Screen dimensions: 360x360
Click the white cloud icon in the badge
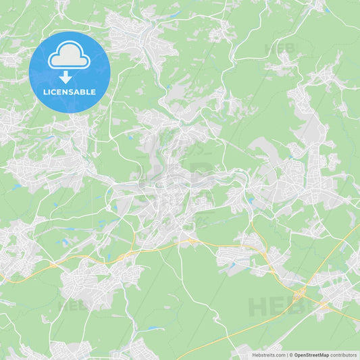pos(70,56)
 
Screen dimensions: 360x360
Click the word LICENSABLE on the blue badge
pos(70,92)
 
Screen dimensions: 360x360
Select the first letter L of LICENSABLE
pos(45,92)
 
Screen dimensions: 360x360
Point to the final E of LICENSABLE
pos(93,92)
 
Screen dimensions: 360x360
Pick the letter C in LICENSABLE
pos(53,92)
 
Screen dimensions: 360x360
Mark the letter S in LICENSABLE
pos(72,92)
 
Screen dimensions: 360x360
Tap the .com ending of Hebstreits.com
pos(280,354)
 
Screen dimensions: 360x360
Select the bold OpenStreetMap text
pos(312,354)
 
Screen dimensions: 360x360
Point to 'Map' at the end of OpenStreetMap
pos(324,354)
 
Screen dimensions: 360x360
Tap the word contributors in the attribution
pos(344,354)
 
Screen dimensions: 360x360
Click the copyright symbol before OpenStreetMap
pos(291,354)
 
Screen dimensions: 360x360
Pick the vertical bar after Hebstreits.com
pos(287,354)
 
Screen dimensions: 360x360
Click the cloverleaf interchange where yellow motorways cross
pos(299,292)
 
